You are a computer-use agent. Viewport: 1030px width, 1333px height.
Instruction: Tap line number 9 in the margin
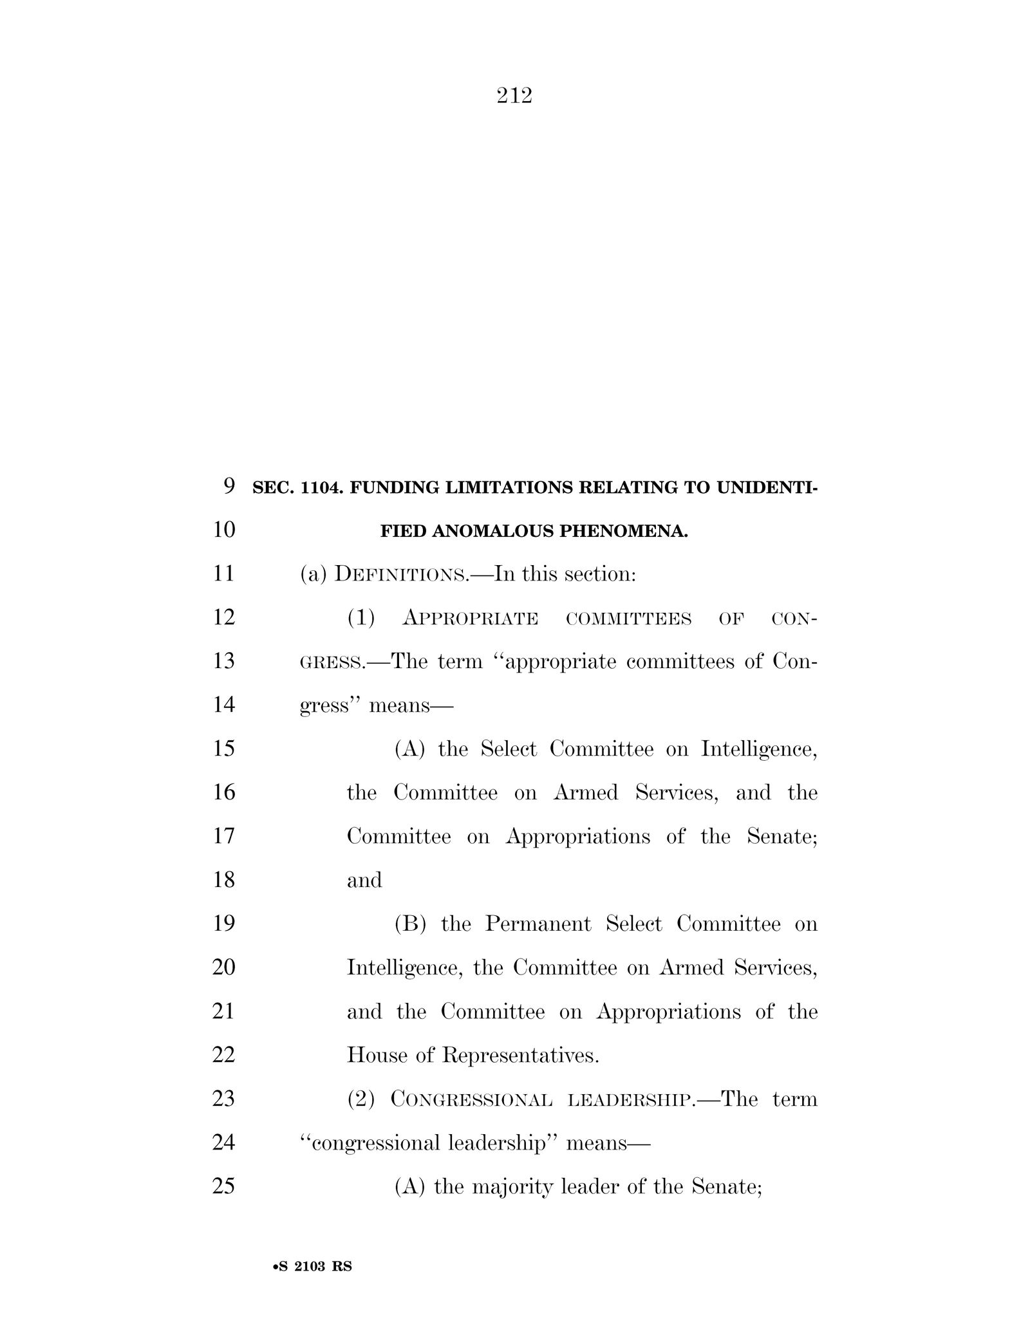(229, 486)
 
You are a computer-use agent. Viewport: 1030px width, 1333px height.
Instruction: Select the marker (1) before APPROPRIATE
(360, 618)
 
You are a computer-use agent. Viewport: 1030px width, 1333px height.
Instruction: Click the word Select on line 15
(509, 749)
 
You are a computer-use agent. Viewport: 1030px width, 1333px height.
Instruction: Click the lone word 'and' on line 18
(364, 880)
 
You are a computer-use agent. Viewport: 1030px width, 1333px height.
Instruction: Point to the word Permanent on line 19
(538, 924)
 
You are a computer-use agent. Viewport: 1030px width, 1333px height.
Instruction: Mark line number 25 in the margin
(223, 1186)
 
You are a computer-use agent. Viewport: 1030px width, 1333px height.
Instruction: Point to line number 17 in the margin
(223, 837)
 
